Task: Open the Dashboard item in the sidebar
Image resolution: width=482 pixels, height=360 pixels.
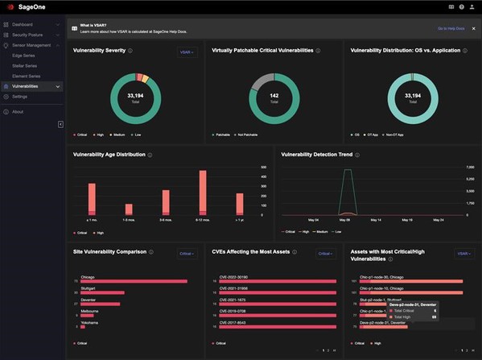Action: (23, 25)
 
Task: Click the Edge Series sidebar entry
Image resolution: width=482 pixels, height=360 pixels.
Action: (24, 56)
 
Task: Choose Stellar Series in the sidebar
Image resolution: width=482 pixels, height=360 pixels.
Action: (25, 65)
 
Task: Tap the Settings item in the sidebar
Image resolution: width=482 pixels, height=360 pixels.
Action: (19, 96)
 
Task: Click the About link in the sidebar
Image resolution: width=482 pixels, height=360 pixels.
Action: (18, 111)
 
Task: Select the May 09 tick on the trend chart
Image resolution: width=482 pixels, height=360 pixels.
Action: (344, 219)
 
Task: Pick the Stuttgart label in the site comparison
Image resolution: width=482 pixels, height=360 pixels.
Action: (89, 288)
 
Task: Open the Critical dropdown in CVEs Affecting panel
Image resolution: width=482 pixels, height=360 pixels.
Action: (325, 253)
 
